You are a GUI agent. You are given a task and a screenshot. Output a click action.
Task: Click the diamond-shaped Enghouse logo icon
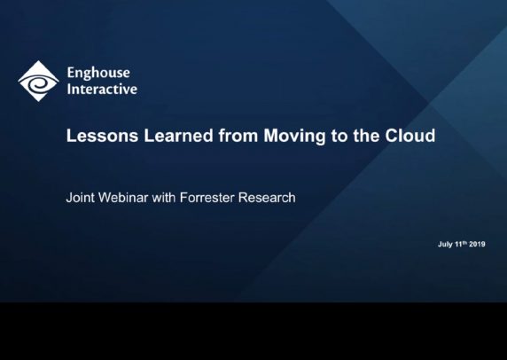click(x=38, y=81)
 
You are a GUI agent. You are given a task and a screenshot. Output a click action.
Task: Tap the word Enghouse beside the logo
click(x=98, y=74)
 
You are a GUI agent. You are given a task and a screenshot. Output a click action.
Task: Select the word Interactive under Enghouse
click(x=102, y=89)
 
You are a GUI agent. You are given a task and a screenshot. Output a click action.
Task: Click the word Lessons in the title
click(x=102, y=136)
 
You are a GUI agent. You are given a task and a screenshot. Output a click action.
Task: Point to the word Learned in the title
click(x=178, y=136)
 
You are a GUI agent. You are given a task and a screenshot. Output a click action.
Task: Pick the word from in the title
click(x=238, y=136)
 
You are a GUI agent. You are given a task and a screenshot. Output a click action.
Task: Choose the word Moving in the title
click(x=294, y=137)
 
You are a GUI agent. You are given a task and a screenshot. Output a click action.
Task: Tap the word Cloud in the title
click(x=410, y=136)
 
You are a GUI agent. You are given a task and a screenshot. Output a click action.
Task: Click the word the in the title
click(x=366, y=136)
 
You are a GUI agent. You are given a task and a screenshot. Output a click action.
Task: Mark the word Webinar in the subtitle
click(x=123, y=198)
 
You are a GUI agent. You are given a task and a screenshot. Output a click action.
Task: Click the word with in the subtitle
click(x=164, y=198)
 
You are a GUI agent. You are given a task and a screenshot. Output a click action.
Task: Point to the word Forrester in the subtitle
click(x=207, y=198)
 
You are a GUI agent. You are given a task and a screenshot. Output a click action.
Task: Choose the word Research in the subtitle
click(x=267, y=198)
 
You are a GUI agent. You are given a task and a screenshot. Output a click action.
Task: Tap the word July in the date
click(x=445, y=245)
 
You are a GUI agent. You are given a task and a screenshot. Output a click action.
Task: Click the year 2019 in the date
click(x=477, y=244)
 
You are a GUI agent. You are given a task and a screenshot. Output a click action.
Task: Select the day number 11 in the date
click(x=458, y=244)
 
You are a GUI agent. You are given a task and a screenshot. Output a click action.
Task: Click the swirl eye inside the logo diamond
click(x=38, y=82)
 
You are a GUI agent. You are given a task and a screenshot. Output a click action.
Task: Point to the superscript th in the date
click(x=465, y=242)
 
